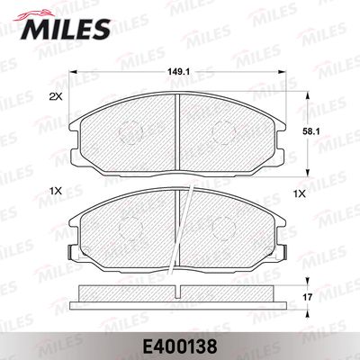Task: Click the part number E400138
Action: pos(180,343)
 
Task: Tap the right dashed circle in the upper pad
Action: pos(222,135)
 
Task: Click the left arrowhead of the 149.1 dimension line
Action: pos(73,75)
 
